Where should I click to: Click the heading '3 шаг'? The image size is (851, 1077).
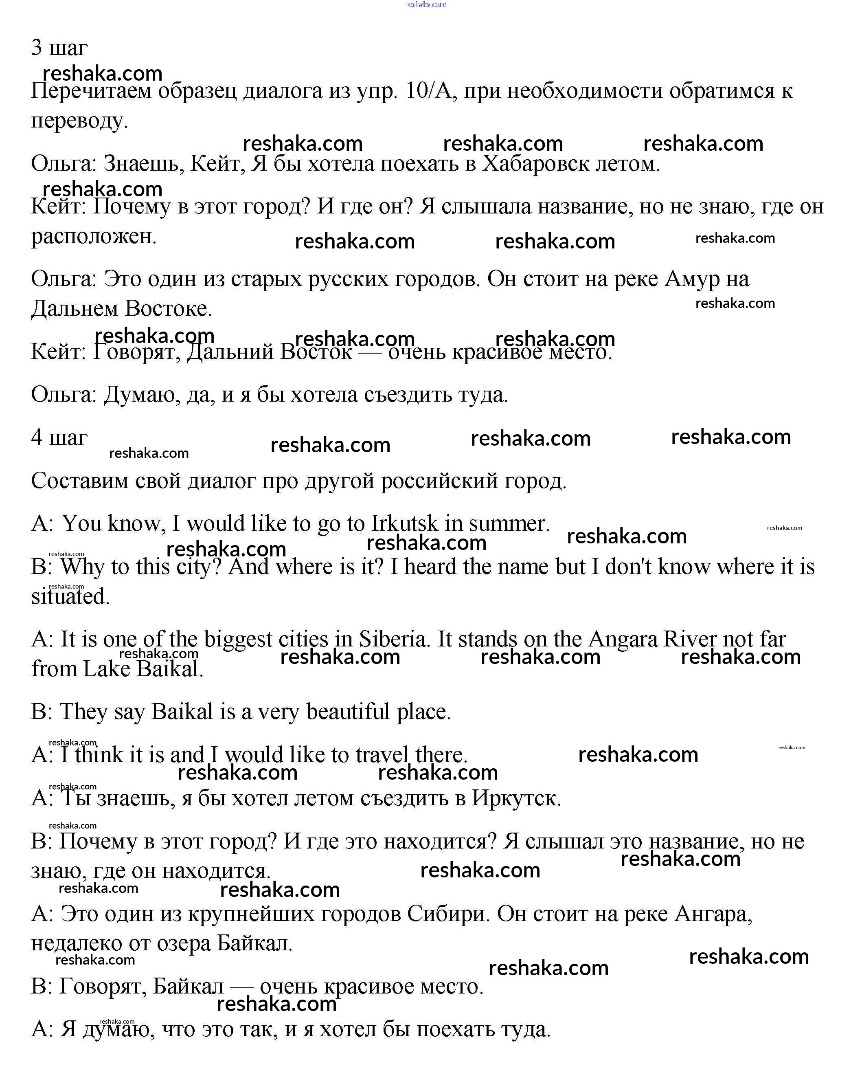(59, 48)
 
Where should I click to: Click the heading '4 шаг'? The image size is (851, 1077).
(59, 437)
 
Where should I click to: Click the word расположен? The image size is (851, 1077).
(94, 236)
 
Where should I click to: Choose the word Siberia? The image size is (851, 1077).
(394, 639)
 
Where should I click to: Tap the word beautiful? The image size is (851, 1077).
(348, 711)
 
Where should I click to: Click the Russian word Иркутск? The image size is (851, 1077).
(516, 798)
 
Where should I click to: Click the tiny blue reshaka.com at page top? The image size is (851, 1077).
(425, 4)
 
